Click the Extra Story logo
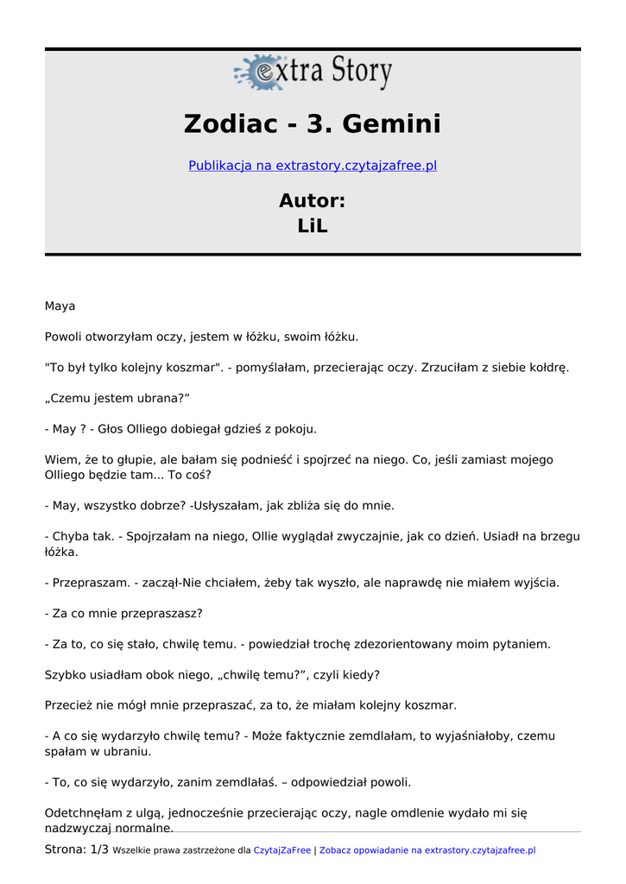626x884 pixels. [x=313, y=73]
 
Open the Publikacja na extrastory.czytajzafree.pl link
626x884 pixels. [x=313, y=165]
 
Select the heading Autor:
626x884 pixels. [x=313, y=201]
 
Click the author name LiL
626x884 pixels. [x=313, y=226]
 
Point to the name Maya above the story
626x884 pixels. [x=60, y=306]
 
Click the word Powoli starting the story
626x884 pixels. [x=63, y=337]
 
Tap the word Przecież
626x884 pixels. [x=68, y=705]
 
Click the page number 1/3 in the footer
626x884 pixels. [x=99, y=850]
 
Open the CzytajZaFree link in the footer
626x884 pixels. [x=282, y=850]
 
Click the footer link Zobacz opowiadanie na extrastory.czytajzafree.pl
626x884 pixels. [x=427, y=850]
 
